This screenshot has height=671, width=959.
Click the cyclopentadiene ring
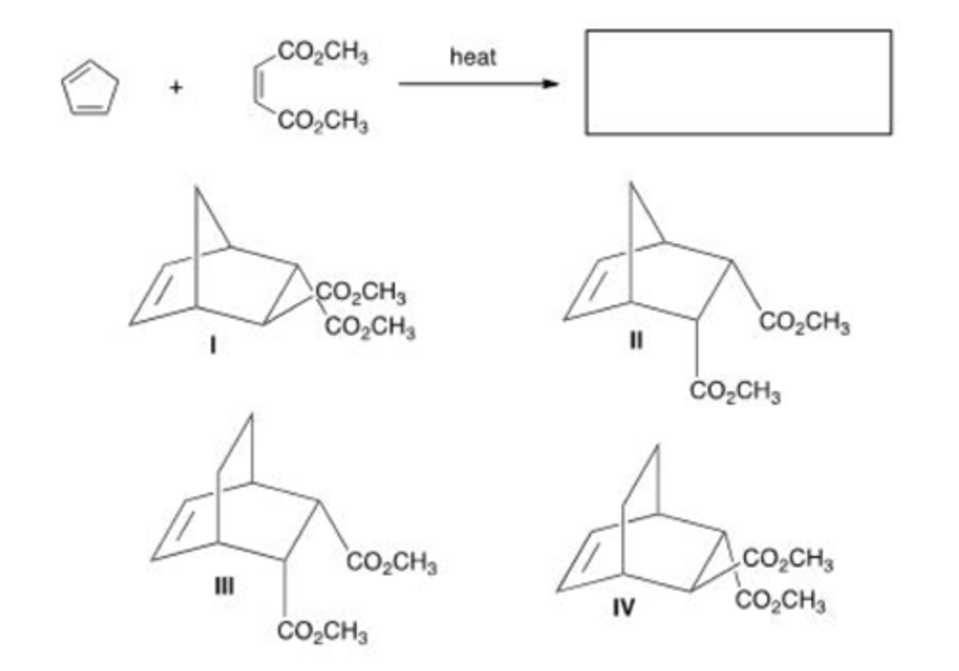(90, 88)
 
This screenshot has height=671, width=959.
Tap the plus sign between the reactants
(176, 87)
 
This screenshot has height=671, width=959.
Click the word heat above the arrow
(473, 57)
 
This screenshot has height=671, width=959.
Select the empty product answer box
(738, 82)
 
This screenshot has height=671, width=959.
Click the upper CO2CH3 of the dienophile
(323, 51)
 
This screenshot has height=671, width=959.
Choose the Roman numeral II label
(636, 341)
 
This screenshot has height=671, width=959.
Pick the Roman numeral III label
(224, 586)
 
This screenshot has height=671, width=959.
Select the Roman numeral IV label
(623, 606)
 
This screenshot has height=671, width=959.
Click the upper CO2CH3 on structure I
(361, 292)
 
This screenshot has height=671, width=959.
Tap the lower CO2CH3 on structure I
(370, 327)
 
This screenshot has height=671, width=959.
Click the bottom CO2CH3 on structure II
(735, 391)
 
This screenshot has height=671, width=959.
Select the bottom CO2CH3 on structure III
(322, 630)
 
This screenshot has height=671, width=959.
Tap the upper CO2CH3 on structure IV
(787, 559)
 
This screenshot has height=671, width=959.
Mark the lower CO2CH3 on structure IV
(781, 600)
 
